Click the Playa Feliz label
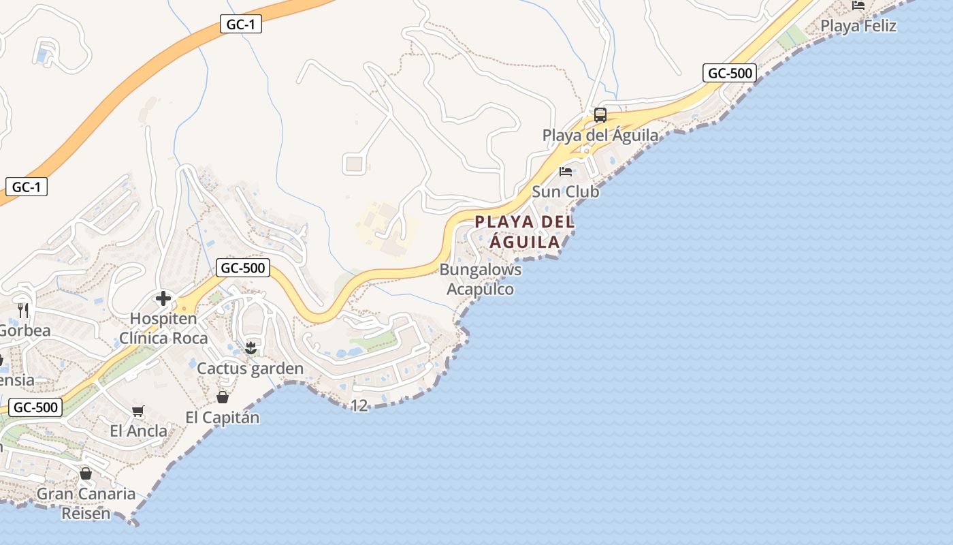[x=858, y=26]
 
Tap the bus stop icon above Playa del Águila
[x=600, y=115]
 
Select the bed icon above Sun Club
[x=566, y=171]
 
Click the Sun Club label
[x=565, y=192]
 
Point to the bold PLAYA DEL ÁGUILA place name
[x=525, y=232]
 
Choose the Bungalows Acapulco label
[x=481, y=279]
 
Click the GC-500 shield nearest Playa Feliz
[x=730, y=73]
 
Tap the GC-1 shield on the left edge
[x=27, y=187]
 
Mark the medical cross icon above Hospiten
[x=163, y=298]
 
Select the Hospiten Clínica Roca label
[x=163, y=328]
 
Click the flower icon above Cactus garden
[x=251, y=348]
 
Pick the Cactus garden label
[x=250, y=369]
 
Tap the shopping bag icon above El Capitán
[x=223, y=397]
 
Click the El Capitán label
[x=223, y=418]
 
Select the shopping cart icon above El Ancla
[x=138, y=411]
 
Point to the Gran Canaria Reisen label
[x=86, y=503]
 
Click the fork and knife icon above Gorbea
[x=24, y=311]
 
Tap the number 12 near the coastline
[x=359, y=406]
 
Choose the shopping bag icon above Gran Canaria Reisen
[x=86, y=473]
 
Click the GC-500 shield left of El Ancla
[x=36, y=407]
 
